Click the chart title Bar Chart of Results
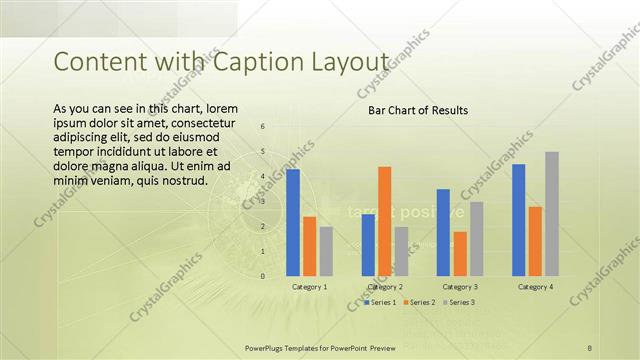pyautogui.click(x=418, y=110)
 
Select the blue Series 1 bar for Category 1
pyautogui.click(x=293, y=222)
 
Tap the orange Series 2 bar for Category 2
pyautogui.click(x=385, y=221)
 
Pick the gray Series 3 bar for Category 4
pyautogui.click(x=552, y=214)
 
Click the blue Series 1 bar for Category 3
pyautogui.click(x=443, y=232)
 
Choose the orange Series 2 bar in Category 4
pyautogui.click(x=535, y=241)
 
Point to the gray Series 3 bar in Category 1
pyautogui.click(x=326, y=251)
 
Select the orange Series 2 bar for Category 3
pyautogui.click(x=460, y=254)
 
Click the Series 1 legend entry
pyautogui.click(x=381, y=302)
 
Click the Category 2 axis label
pyautogui.click(x=385, y=287)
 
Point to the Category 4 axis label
pyautogui.click(x=536, y=287)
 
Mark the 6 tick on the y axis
pyautogui.click(x=262, y=127)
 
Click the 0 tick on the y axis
pyautogui.click(x=262, y=276)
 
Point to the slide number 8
pyautogui.click(x=589, y=347)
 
